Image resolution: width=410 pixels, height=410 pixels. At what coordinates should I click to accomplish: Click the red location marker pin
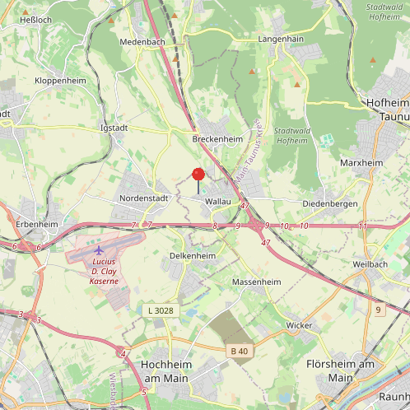[198, 174]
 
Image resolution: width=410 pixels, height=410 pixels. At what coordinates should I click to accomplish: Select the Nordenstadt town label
[143, 198]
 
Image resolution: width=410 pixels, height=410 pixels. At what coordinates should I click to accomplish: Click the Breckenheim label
[217, 139]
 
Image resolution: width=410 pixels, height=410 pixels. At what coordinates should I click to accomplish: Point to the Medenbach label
[142, 41]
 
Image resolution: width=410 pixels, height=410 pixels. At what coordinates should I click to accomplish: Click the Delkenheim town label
[192, 256]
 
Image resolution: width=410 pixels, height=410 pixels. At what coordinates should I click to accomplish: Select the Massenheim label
[257, 282]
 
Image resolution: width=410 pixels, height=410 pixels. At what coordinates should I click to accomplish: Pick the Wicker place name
[299, 325]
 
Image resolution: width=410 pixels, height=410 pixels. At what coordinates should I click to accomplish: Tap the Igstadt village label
[114, 128]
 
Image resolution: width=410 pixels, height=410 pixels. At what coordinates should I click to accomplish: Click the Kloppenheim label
[60, 81]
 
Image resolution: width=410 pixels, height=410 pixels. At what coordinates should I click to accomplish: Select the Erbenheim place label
[37, 224]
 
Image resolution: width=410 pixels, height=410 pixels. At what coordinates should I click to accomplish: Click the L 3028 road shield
[161, 310]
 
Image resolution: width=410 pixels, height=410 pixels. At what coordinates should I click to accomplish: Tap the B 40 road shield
[240, 352]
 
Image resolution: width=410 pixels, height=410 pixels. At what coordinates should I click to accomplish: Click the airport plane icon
[100, 249]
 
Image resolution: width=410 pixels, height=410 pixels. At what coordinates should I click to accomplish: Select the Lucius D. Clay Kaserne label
[105, 271]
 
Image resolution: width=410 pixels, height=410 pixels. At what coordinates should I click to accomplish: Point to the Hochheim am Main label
[165, 370]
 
